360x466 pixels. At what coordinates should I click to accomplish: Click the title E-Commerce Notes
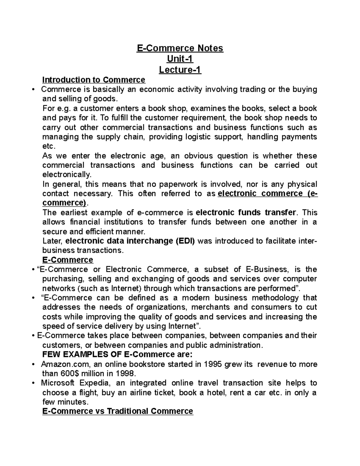180,48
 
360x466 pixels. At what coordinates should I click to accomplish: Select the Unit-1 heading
180,59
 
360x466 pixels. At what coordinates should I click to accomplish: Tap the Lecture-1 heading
180,70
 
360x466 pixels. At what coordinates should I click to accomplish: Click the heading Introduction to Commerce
94,80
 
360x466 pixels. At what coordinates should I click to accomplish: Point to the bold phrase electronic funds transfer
246,212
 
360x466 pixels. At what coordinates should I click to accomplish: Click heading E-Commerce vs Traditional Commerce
118,411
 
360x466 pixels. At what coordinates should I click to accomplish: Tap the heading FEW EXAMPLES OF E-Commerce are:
117,354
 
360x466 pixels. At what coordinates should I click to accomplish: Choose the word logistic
199,137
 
